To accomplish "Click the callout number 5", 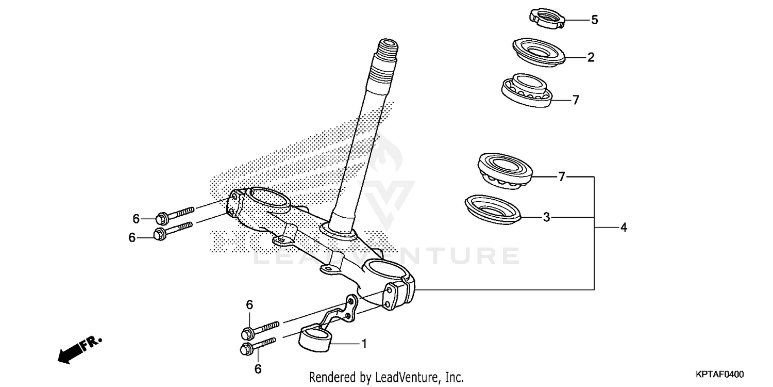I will click(594, 20).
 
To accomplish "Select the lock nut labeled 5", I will click(547, 19).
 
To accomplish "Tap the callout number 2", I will click(591, 57).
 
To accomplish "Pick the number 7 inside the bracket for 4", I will click(562, 177).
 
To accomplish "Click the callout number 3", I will click(547, 217).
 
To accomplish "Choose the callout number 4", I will click(624, 227).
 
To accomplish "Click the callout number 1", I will click(364, 343).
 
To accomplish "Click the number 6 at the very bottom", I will click(258, 369).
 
